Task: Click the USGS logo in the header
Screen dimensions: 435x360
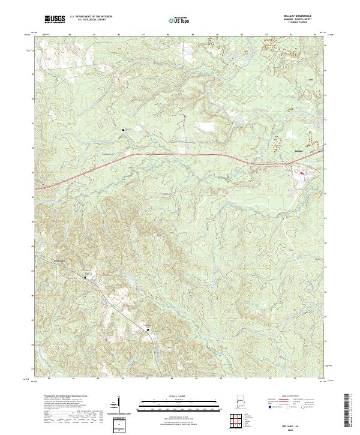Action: pyautogui.click(x=55, y=19)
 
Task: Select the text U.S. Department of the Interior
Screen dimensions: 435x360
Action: pyautogui.click(x=91, y=17)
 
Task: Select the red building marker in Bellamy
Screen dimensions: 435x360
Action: pyautogui.click(x=302, y=173)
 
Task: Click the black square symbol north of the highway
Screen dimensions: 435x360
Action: pyautogui.click(x=124, y=129)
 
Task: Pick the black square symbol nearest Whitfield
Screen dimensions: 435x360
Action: pyautogui.click(x=85, y=277)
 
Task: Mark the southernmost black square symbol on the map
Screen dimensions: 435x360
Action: pyautogui.click(x=148, y=329)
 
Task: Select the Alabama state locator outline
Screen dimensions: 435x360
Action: pyautogui.click(x=238, y=402)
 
